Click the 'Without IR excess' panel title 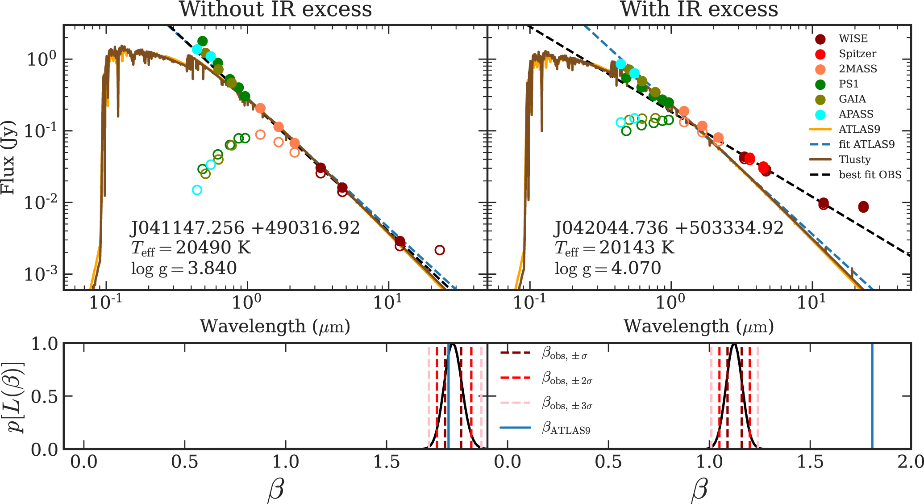[275, 10]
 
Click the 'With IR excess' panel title [699, 10]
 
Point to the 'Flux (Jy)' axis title [8, 157]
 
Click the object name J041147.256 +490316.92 [245, 228]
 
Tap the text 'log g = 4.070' [608, 268]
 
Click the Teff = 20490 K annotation [191, 248]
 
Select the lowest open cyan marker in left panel [197, 190]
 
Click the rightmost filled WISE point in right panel [863, 207]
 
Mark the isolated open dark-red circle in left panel [440, 250]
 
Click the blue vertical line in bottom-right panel [872, 396]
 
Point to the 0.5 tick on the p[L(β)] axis [45, 396]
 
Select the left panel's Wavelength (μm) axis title [275, 327]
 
